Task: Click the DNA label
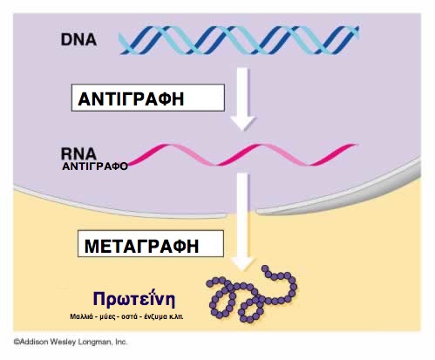(78, 39)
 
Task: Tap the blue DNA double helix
(239, 40)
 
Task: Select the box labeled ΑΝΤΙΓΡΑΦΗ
(148, 98)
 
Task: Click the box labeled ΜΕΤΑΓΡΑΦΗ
(151, 243)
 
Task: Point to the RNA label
(78, 153)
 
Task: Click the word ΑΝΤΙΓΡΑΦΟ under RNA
(95, 166)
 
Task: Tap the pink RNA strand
(242, 155)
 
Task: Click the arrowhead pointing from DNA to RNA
(243, 123)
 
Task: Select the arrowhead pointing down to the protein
(243, 263)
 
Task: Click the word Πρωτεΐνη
(134, 299)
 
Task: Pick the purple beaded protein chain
(252, 294)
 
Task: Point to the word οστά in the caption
(129, 316)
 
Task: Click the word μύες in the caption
(107, 317)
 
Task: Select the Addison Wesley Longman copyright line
(71, 342)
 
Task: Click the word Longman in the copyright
(97, 343)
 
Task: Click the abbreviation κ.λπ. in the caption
(176, 316)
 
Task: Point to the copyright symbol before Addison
(17, 343)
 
